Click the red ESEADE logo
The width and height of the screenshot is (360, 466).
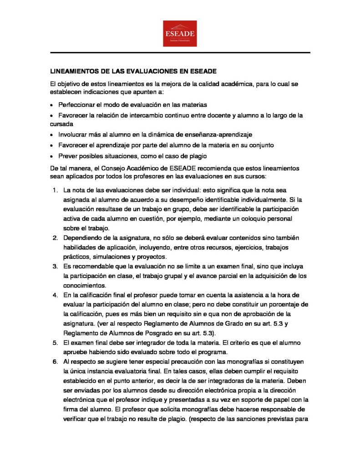click(180, 33)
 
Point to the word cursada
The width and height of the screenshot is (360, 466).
click(60, 124)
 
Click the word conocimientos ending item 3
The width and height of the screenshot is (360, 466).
click(85, 285)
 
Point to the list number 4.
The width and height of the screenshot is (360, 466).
click(55, 295)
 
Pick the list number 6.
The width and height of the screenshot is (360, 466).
click(55, 362)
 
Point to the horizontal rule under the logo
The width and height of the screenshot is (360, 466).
click(180, 53)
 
